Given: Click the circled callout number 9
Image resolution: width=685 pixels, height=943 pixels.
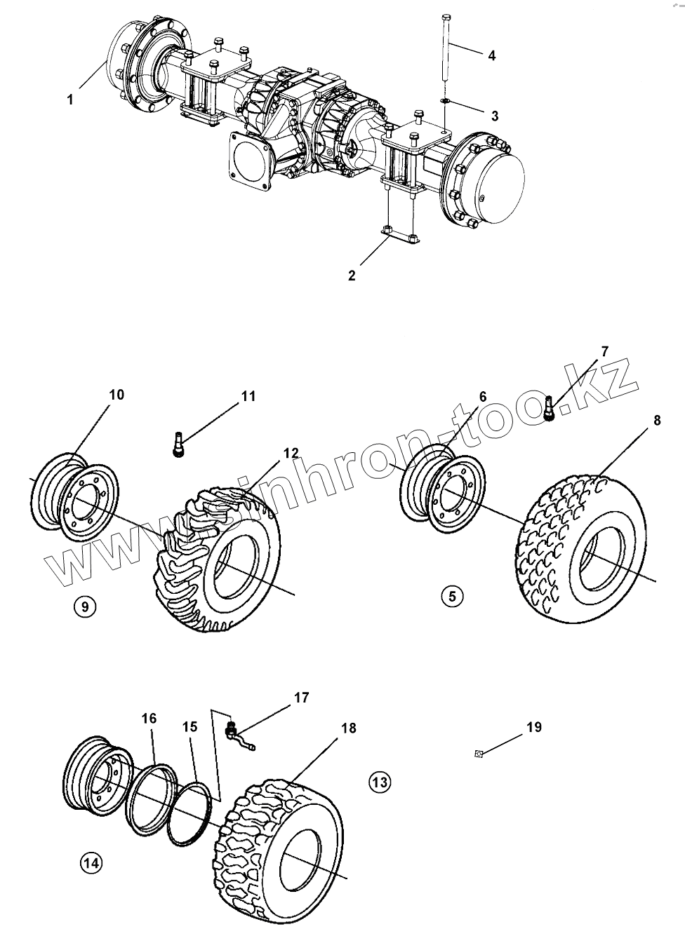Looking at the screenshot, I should pos(84,606).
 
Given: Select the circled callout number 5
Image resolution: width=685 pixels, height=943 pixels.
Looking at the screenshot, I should pos(452,596).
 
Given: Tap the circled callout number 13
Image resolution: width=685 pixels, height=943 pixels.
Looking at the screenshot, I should pos(379,781).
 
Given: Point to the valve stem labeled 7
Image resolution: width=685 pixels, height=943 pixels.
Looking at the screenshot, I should pos(550,409).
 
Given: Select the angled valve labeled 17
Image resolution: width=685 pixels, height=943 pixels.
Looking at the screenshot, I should pos(234,731).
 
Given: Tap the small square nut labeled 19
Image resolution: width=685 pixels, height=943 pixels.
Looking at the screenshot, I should pos(478,754).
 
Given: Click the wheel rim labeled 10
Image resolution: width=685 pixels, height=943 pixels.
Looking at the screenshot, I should pos(74,496).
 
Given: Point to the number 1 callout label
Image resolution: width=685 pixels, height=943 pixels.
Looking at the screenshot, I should pos(70,100).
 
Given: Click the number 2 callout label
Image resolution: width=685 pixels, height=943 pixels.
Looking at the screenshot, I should pos(352,276).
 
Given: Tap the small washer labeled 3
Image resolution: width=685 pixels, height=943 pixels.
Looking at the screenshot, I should pos(446,102).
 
